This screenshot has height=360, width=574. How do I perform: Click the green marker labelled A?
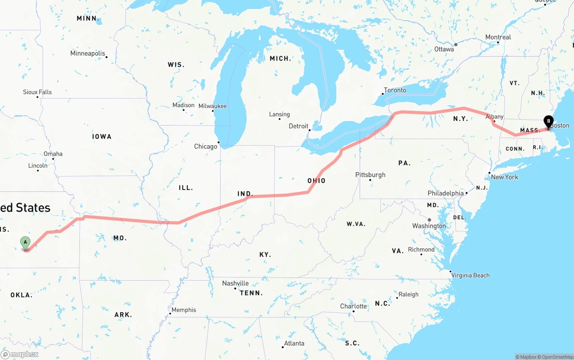pyautogui.click(x=26, y=243)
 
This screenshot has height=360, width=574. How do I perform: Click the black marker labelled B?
pyautogui.click(x=548, y=121)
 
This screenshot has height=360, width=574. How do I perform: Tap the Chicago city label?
pyautogui.click(x=205, y=147)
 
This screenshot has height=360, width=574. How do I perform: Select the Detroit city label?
pyautogui.click(x=298, y=126)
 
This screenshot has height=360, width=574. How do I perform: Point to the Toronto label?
pyautogui.click(x=395, y=90)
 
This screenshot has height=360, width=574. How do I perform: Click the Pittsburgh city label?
pyautogui.click(x=370, y=175)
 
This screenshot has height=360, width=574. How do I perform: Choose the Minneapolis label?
pyautogui.click(x=87, y=53)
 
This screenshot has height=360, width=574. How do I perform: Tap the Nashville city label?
pyautogui.click(x=235, y=283)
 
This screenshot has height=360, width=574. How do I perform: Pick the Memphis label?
pyautogui.click(x=184, y=310)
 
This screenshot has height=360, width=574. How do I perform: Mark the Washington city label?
pyautogui.click(x=429, y=226)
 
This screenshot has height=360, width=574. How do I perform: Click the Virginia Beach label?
pyautogui.click(x=470, y=275)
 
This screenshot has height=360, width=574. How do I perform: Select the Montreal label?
pyautogui.click(x=498, y=37)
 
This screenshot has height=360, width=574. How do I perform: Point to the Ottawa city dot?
pyautogui.click(x=456, y=44)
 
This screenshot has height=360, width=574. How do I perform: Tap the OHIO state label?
pyautogui.click(x=316, y=181)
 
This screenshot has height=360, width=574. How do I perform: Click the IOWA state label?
pyautogui.click(x=102, y=136)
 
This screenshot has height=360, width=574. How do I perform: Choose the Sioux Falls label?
pyautogui.click(x=37, y=92)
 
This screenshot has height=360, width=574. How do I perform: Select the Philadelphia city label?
pyautogui.click(x=446, y=193)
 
